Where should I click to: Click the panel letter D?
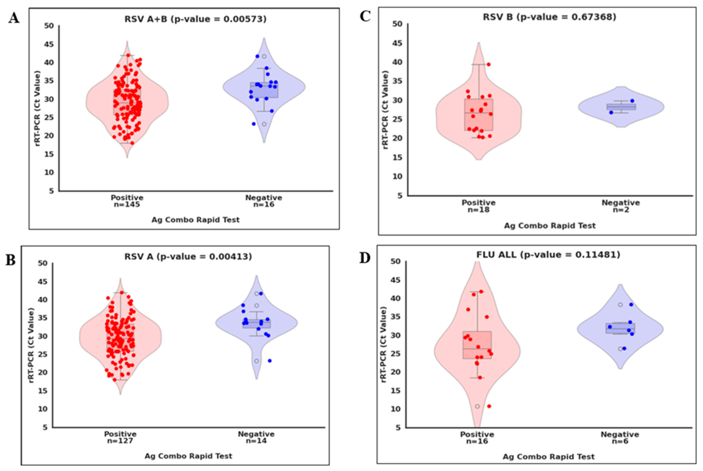pos(365,258)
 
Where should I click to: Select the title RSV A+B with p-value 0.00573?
pos(195,19)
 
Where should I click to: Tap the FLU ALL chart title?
pos(548,255)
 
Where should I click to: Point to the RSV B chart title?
pos(549,17)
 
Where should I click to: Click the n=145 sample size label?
pos(127,205)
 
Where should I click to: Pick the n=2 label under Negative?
pos(621,210)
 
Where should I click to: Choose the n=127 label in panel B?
pos(120,441)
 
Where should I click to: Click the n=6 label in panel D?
pos(620,441)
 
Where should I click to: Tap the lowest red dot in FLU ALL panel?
pos(489,406)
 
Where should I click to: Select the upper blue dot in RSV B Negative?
pos(632,101)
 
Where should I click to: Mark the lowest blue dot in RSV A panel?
pos(270,361)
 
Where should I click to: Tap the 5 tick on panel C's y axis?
pos(399,196)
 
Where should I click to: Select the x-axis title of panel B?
pos(188,456)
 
